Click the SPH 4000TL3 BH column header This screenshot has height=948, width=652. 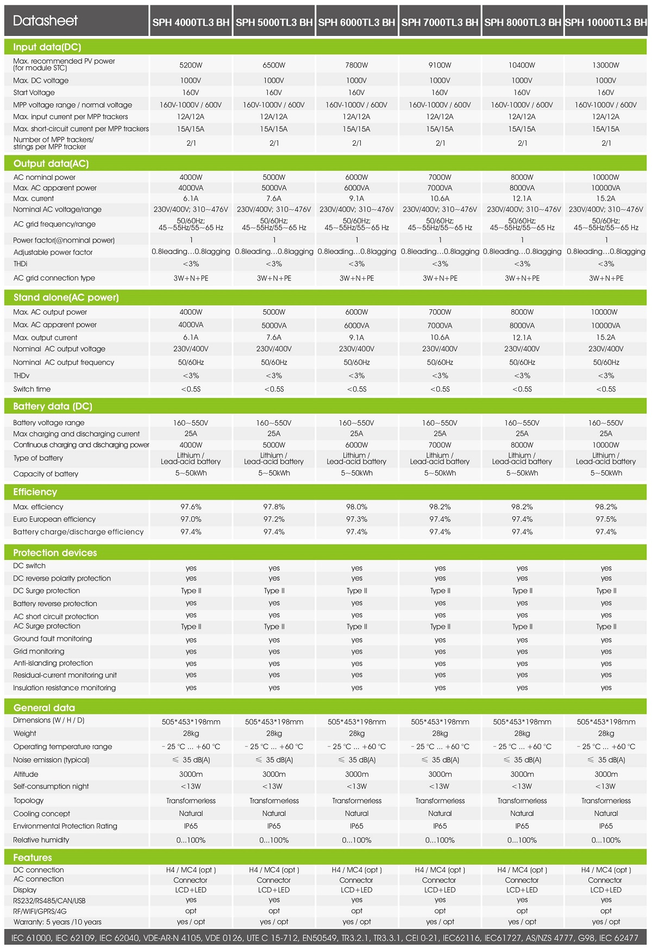(x=191, y=22)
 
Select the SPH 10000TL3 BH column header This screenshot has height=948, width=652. (x=606, y=22)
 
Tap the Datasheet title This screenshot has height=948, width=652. (x=45, y=21)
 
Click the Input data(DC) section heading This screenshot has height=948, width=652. (x=47, y=47)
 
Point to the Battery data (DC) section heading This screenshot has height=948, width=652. (x=53, y=407)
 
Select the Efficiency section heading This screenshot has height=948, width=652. (x=35, y=492)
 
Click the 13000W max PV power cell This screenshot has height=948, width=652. (x=606, y=65)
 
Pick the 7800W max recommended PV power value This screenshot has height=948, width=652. (x=356, y=65)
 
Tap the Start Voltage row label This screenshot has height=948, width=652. (x=34, y=93)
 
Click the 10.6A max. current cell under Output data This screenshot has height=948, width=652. (x=440, y=199)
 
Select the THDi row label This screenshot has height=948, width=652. (x=20, y=264)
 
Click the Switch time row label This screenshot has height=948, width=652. (x=32, y=389)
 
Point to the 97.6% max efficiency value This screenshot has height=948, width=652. (x=191, y=507)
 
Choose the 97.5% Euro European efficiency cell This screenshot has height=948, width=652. (x=606, y=520)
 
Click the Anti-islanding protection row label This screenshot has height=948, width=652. (x=53, y=663)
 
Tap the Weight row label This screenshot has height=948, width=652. (x=24, y=734)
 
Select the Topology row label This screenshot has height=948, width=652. (x=28, y=801)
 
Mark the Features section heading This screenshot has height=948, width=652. (x=33, y=858)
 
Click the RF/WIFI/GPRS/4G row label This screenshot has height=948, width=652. (x=40, y=911)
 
